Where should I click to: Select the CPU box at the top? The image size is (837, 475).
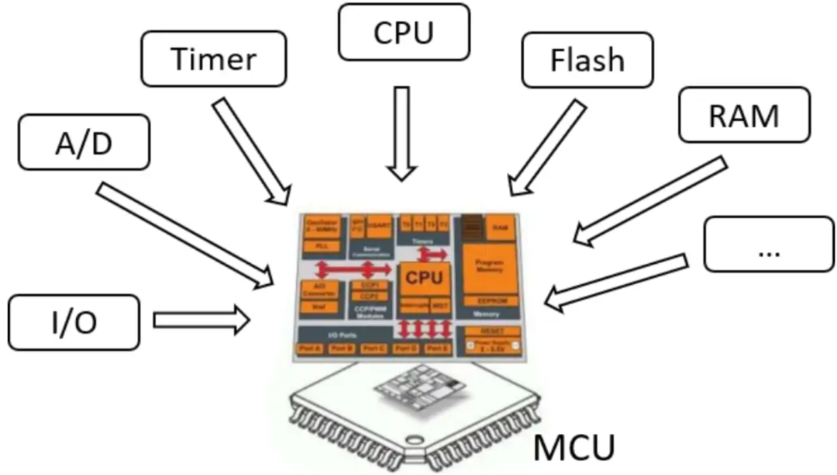403,33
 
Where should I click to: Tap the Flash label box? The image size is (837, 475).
587,60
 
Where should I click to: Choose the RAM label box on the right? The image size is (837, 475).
743,116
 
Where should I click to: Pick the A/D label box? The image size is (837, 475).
82,142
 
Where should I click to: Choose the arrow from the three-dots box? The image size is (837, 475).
616,279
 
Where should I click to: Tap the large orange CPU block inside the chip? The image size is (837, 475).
424,277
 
